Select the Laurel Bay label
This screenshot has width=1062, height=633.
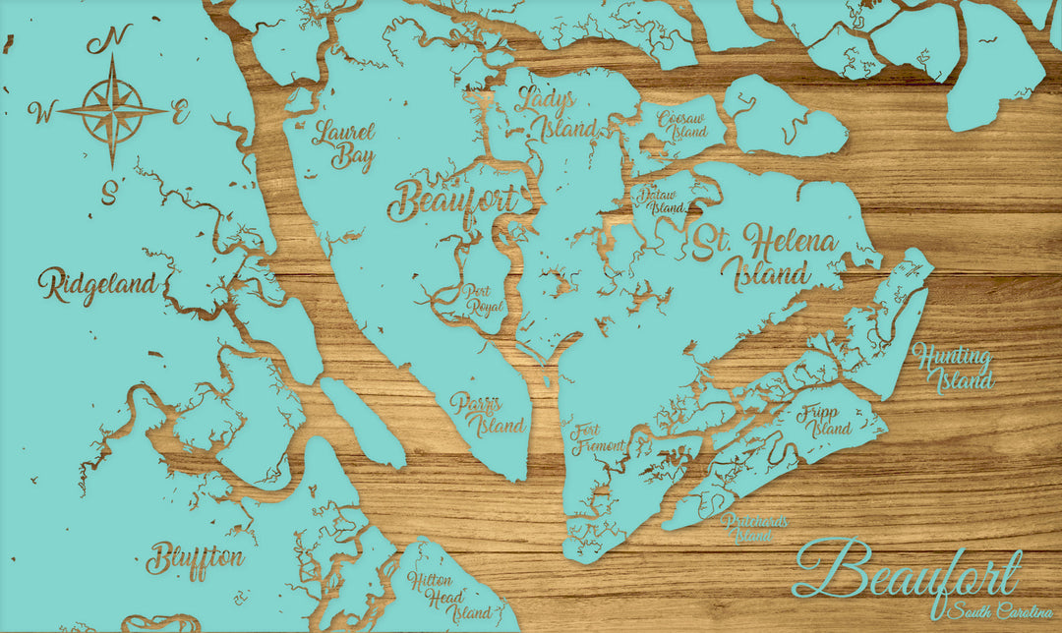(x=343, y=144)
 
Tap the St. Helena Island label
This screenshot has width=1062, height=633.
(x=765, y=256)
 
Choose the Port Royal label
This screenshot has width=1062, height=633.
(x=483, y=298)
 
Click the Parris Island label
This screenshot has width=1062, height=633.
(x=489, y=413)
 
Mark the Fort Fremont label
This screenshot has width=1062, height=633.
(x=598, y=437)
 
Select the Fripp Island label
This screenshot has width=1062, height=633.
(x=826, y=420)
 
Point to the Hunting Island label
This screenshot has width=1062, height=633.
(x=952, y=369)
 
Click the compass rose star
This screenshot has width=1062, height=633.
(x=112, y=110)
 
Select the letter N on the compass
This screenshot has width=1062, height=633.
(x=109, y=40)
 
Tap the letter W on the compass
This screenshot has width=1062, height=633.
(x=41, y=113)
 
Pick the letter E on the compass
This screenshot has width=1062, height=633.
(x=180, y=113)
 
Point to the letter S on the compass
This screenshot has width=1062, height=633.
(x=109, y=188)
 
